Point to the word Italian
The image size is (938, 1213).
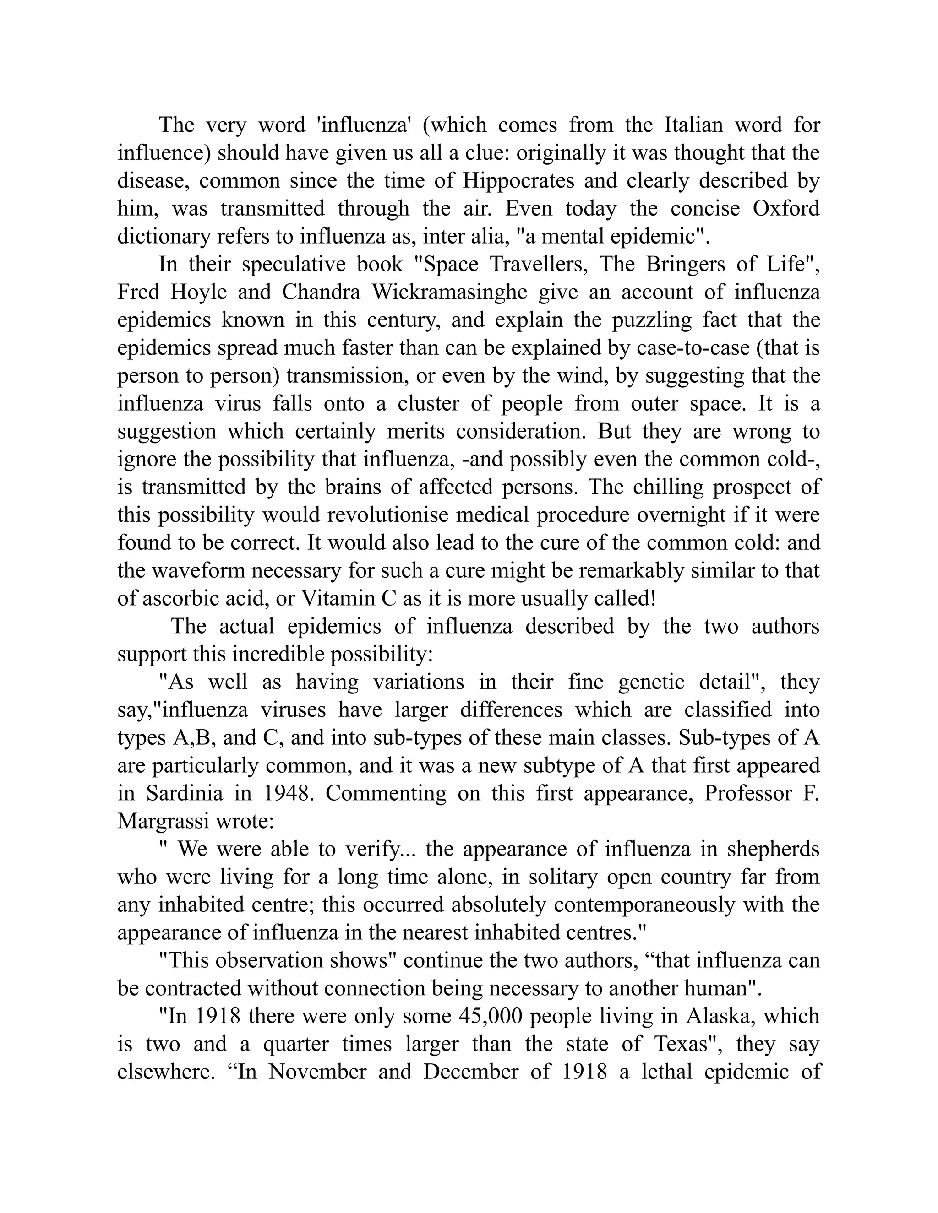pyautogui.click(x=693, y=125)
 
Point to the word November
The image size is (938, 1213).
pyautogui.click(x=317, y=1072)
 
